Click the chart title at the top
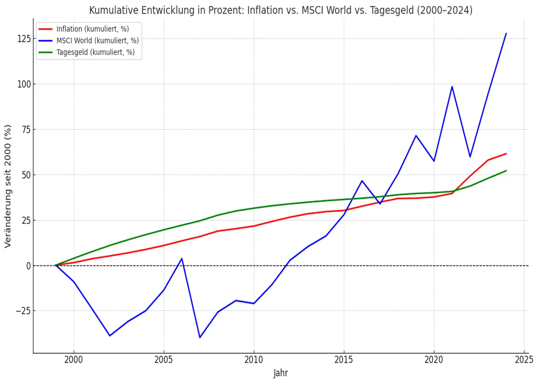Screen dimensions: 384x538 (281, 10)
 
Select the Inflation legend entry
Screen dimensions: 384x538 (92, 29)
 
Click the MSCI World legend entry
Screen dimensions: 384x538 (97, 40)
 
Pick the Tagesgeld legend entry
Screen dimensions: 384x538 (95, 52)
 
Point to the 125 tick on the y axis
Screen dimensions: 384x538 (24, 38)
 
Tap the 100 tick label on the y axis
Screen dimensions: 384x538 (24, 84)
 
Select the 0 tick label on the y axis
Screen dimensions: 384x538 (28, 266)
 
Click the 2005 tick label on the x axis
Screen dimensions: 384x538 (164, 360)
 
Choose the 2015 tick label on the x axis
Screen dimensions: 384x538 (344, 360)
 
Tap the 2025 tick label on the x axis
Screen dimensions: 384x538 (524, 360)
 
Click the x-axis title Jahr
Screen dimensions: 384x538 (281, 373)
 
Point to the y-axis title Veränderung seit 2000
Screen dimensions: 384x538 (8, 186)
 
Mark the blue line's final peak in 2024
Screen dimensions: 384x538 (506, 33)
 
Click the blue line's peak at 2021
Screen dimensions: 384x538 (452, 86)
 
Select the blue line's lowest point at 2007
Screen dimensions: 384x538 (200, 338)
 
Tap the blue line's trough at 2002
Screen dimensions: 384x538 (110, 336)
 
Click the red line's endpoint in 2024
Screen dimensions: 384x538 (506, 154)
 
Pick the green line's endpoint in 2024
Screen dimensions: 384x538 (506, 170)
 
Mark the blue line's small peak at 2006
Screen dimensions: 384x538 (182, 258)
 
